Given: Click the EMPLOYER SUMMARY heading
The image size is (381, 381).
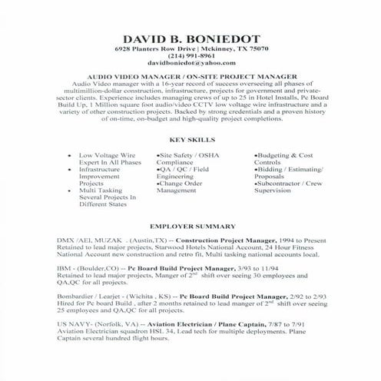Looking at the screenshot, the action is (190, 227).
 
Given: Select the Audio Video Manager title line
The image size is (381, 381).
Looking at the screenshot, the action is (190, 76).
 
